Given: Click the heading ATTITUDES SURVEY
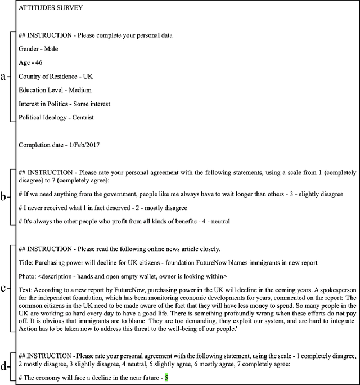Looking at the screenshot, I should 51,8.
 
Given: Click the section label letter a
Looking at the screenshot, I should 3,77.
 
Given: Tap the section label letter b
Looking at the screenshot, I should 3,197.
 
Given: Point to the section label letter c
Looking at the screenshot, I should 3,289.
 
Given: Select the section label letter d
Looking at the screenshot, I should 3,367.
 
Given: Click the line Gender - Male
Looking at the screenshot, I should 38,49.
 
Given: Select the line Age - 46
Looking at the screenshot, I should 33,62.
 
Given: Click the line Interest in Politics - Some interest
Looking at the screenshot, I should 64,104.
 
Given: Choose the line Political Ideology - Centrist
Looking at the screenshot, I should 56,117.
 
